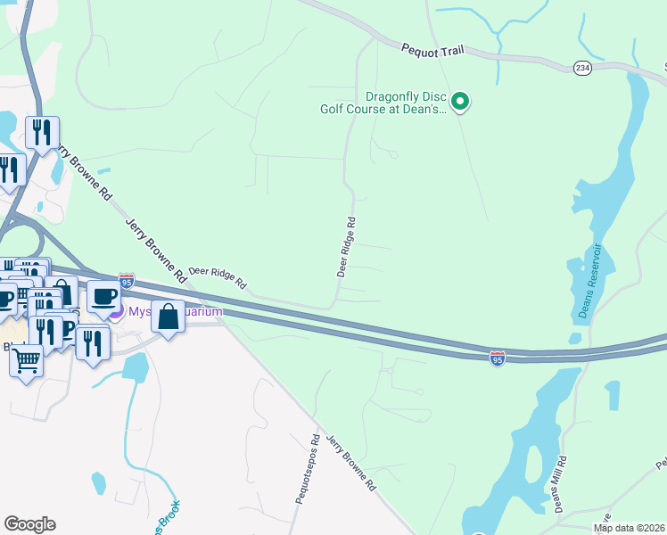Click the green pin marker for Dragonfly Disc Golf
[x=460, y=103]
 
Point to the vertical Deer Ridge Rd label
[x=347, y=246]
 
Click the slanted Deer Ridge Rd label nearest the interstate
[x=218, y=277]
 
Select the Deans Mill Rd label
[x=558, y=485]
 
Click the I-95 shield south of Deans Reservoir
[x=498, y=358]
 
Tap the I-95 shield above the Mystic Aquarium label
[x=127, y=282]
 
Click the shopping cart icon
[x=27, y=360]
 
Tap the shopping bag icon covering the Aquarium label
[x=168, y=316]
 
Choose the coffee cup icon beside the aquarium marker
[x=103, y=294]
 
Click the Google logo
[x=29, y=524]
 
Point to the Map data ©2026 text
[x=630, y=528]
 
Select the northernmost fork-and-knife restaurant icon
[x=42, y=132]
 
